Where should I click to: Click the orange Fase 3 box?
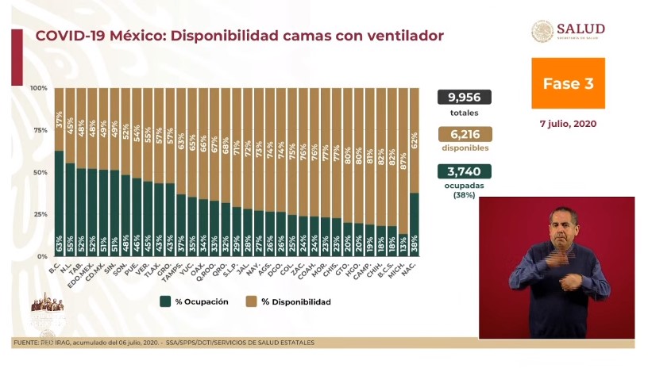tap(568, 83)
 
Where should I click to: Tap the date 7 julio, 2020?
tap(568, 124)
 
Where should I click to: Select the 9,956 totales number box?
tap(464, 97)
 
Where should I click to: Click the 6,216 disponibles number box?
tap(464, 134)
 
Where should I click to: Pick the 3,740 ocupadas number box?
tap(464, 171)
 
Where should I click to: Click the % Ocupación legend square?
tap(165, 301)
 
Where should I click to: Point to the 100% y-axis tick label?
tap(38, 88)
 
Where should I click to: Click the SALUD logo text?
tap(580, 29)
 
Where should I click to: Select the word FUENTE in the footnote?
tap(26, 343)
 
